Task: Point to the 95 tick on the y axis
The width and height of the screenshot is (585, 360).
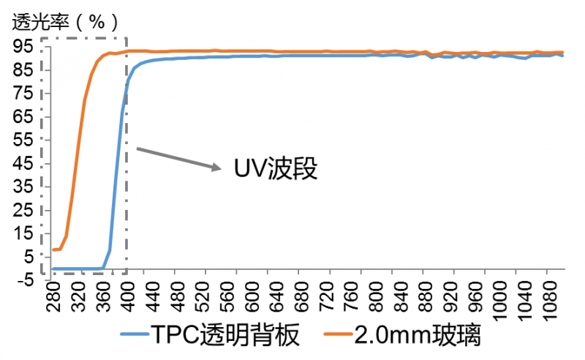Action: [x=23, y=46]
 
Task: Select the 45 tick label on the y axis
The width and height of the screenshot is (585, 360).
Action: [x=23, y=163]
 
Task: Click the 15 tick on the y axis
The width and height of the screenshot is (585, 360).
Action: [x=23, y=233]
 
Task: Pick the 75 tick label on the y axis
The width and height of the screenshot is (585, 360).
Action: [x=23, y=93]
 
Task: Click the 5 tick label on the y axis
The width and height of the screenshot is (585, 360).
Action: [x=27, y=257]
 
